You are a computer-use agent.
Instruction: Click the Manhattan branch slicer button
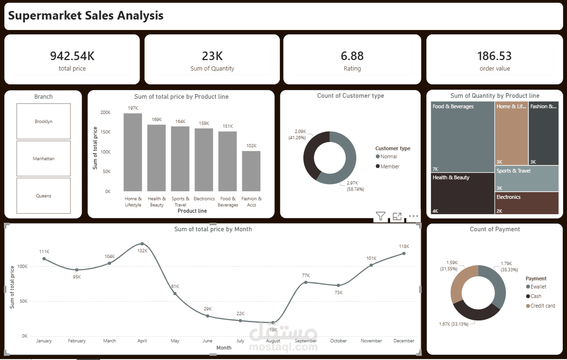43,158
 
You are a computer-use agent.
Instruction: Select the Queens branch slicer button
43,195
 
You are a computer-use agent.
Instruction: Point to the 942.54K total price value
72,56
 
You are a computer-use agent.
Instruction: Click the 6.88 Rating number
352,56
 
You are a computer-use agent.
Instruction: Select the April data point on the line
142,244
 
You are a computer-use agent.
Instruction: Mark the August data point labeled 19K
273,323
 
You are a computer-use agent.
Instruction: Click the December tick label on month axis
404,341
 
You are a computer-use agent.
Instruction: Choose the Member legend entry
390,166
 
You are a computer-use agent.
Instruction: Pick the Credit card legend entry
543,306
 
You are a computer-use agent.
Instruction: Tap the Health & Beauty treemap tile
463,193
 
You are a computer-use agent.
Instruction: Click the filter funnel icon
380,216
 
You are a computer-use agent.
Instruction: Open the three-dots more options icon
413,216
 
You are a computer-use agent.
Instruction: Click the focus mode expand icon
397,216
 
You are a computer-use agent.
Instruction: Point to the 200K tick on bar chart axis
105,113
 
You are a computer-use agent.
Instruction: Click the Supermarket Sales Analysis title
86,16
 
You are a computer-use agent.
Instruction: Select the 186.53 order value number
495,56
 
